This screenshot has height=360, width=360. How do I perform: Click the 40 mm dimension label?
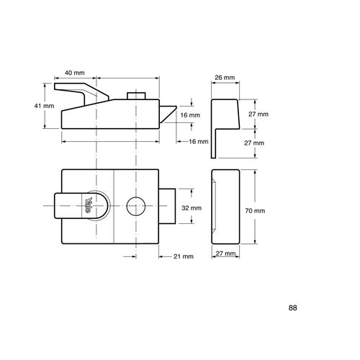coord(75,73)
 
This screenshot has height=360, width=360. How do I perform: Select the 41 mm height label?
coord(44,106)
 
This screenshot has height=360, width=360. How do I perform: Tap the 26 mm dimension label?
coord(225,78)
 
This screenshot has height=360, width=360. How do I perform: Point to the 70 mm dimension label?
coord(255,211)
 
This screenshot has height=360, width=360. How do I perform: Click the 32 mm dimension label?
coord(192,208)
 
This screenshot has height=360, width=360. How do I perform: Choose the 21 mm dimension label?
coord(184,256)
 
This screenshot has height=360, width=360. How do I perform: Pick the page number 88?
coord(292,307)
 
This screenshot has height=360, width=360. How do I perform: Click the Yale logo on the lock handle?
coord(89,205)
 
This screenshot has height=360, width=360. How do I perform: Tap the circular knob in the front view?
coord(136,206)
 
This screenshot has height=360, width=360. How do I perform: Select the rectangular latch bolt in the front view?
coord(167,206)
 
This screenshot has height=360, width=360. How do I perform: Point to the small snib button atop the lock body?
coord(136,96)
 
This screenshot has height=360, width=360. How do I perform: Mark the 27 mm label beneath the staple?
coord(225,253)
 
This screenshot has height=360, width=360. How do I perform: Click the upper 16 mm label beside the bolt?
coord(190,115)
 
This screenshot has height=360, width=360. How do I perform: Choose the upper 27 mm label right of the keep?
coord(258,114)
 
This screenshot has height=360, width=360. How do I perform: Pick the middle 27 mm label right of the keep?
coord(254,143)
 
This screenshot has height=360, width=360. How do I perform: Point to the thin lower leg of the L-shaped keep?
coord(213,143)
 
